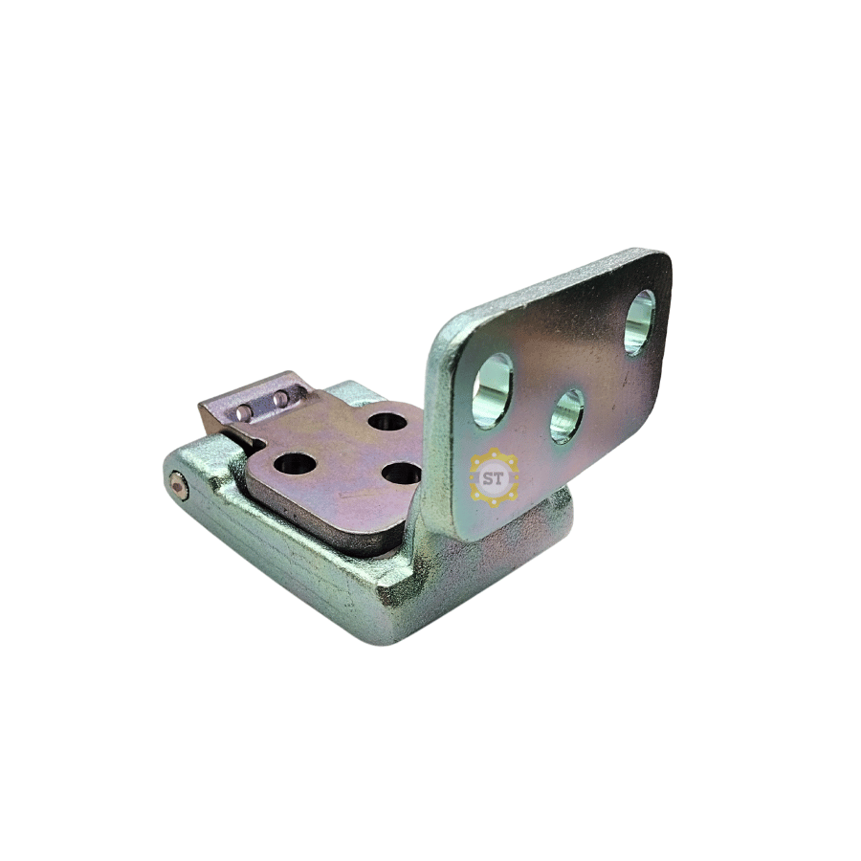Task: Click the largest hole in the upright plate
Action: [x=492, y=390]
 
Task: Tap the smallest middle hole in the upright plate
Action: [x=566, y=416]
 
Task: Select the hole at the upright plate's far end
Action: [x=641, y=322]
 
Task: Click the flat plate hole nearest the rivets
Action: [x=387, y=422]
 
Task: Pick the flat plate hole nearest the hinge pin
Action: [x=295, y=463]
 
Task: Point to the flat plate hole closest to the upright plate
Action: [x=402, y=473]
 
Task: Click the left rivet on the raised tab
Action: [x=244, y=411]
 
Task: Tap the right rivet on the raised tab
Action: [x=280, y=398]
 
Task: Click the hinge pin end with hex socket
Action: [x=178, y=485]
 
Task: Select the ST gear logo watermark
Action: [x=494, y=477]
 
